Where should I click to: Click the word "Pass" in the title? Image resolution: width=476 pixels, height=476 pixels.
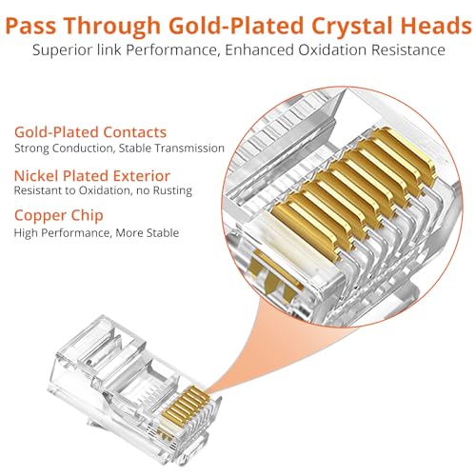[x=31, y=26]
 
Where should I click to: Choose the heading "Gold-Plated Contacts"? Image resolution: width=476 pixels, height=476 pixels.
[x=90, y=132]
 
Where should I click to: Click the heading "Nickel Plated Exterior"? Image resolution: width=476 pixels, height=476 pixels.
[x=92, y=176]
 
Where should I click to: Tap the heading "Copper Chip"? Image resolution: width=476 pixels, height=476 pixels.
[x=59, y=216]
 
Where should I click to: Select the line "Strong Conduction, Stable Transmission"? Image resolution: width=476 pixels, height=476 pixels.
[x=119, y=149]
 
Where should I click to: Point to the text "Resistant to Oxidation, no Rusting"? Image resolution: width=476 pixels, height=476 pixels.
[x=103, y=190]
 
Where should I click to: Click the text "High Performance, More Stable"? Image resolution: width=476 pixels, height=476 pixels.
[x=96, y=233]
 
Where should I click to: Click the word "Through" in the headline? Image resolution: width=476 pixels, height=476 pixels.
[x=112, y=27]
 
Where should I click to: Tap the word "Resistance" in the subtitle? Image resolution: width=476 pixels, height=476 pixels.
[x=408, y=50]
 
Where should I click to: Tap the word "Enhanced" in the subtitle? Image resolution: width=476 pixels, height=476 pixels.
[x=260, y=50]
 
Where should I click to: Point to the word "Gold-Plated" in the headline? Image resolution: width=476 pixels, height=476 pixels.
[x=236, y=26]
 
